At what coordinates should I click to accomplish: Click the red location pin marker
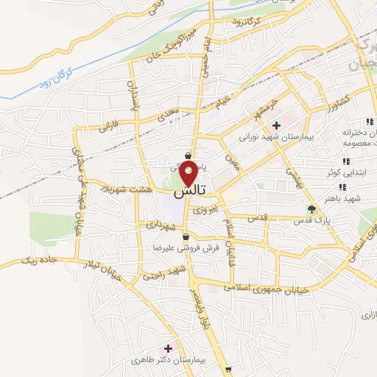(x=188, y=175)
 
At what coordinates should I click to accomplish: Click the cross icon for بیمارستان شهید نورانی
(x=275, y=126)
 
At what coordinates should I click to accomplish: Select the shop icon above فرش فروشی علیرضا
(x=186, y=237)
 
